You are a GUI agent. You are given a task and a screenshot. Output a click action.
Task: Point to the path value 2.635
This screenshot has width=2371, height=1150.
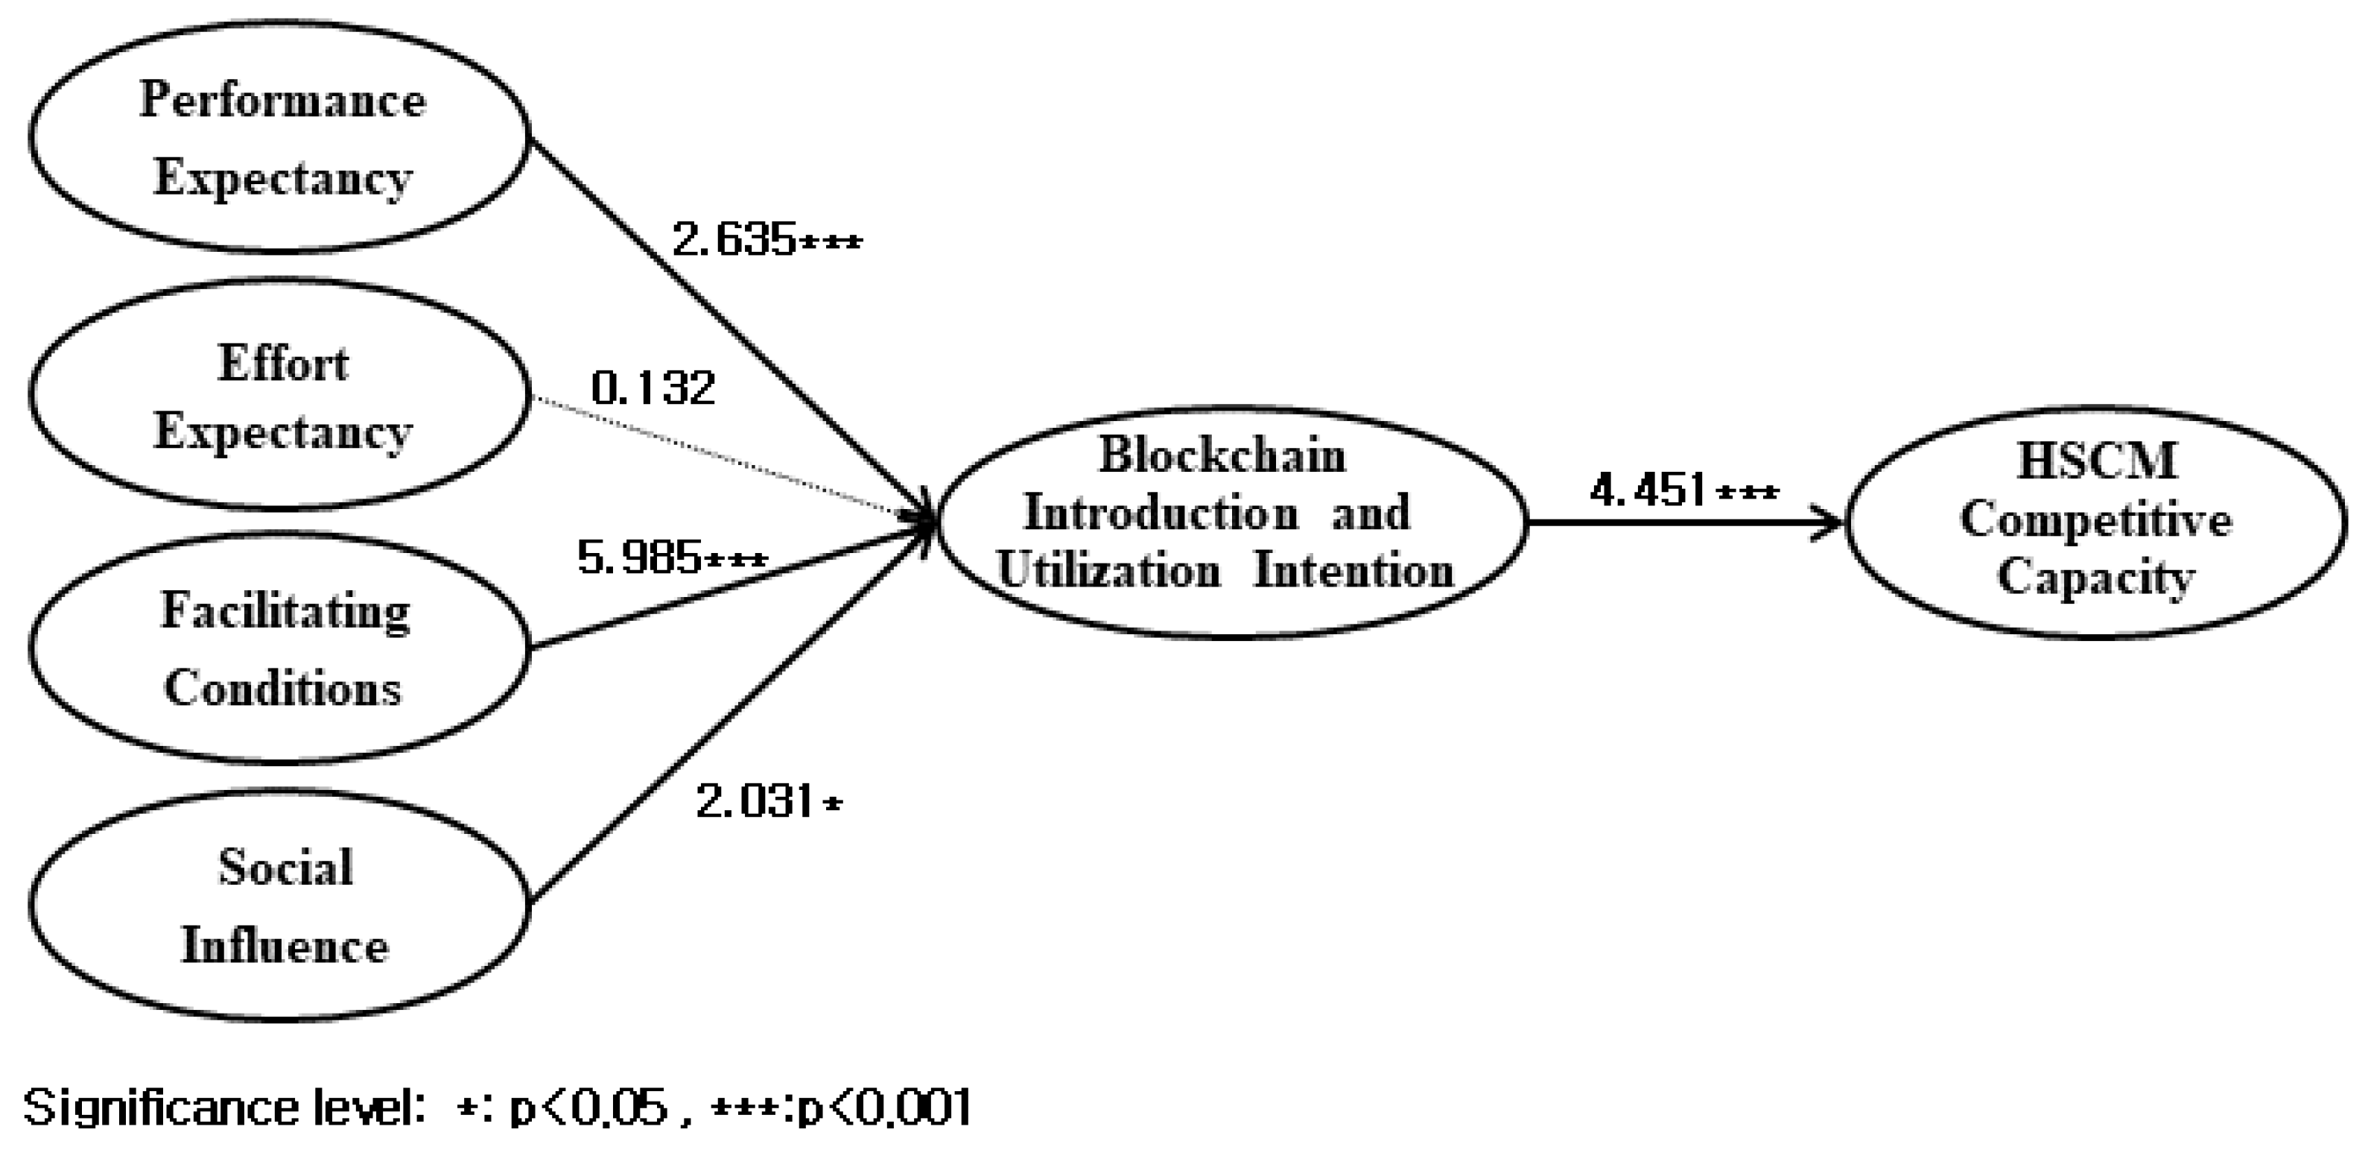pos(734,241)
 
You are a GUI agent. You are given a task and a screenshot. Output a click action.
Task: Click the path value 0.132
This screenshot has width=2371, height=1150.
pos(653,388)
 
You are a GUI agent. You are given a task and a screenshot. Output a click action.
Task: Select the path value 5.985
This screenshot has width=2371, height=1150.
pos(640,557)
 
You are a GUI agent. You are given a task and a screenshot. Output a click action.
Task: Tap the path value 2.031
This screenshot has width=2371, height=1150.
pos(755,803)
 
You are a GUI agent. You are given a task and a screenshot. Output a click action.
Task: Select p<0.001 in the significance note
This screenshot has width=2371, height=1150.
pos(883,1108)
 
